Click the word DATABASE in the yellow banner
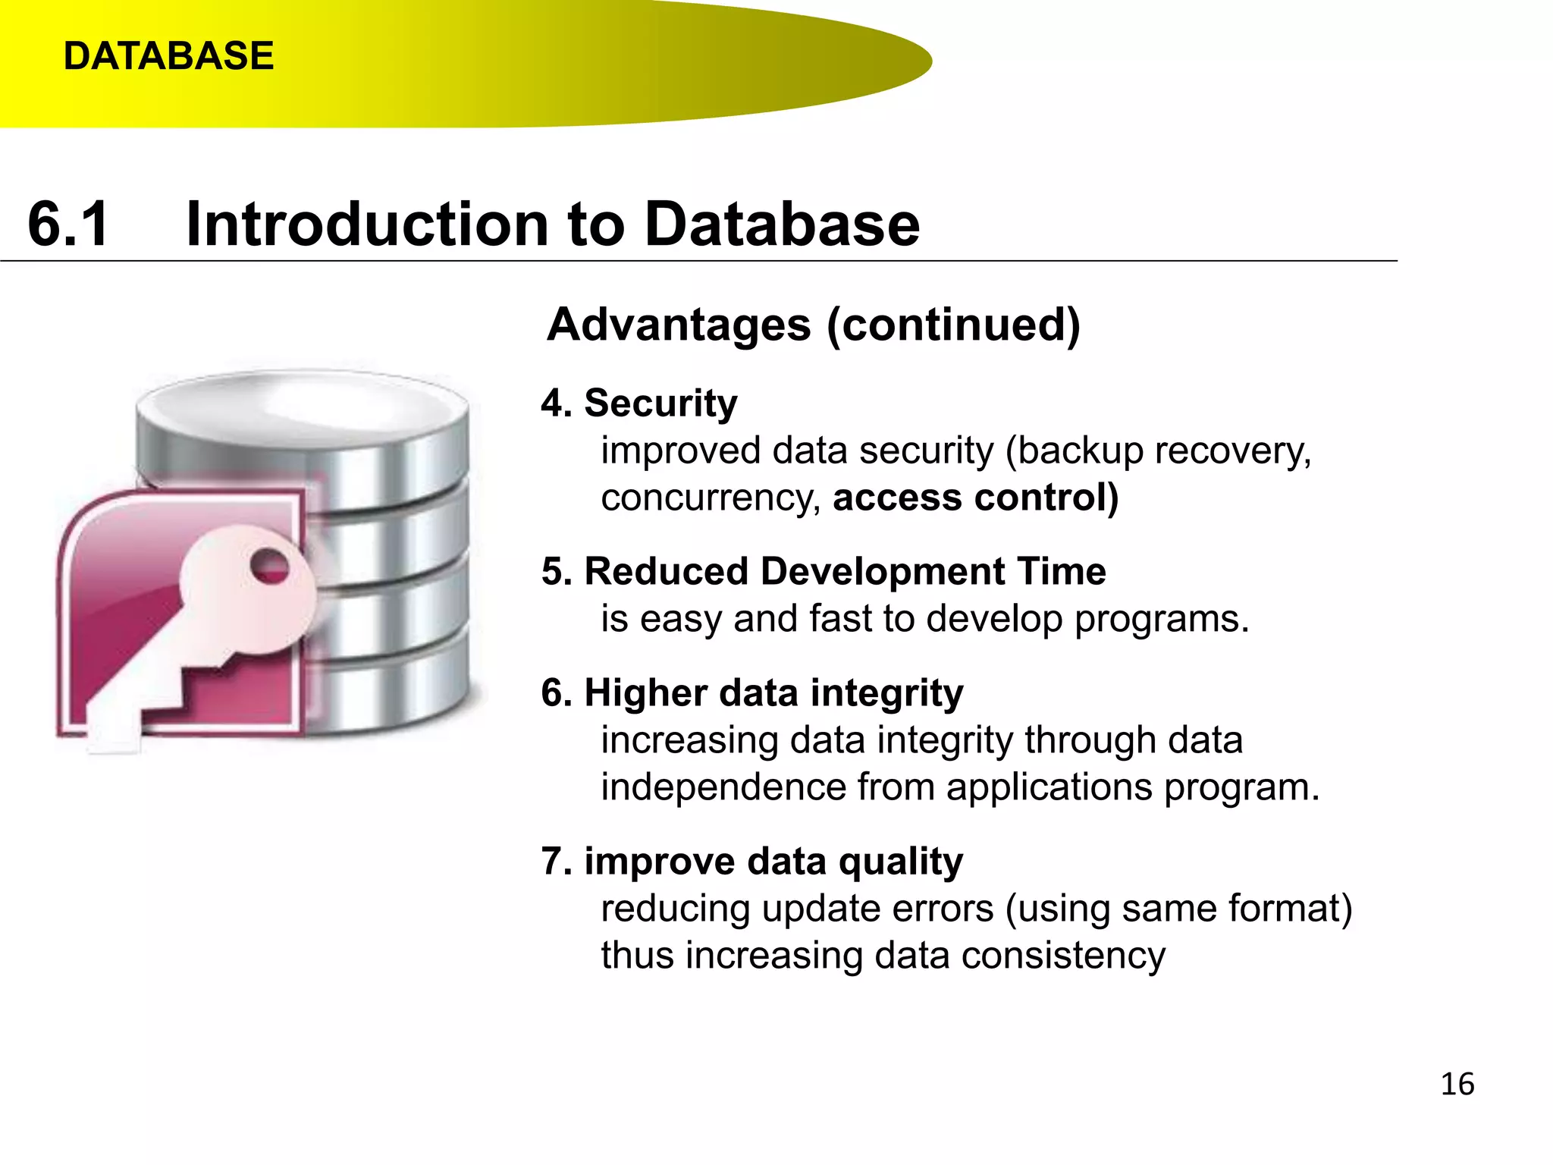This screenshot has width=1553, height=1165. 168,56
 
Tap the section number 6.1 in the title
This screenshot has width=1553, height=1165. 68,225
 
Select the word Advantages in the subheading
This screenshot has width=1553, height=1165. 679,325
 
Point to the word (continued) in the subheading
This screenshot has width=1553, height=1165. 953,325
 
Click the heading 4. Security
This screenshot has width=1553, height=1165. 638,403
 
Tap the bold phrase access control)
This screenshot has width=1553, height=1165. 975,498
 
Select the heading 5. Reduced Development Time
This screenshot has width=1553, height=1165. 823,571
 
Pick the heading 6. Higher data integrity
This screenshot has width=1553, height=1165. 751,692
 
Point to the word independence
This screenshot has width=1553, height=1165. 723,787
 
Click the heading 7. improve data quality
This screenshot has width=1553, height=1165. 751,861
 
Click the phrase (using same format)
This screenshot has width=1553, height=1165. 1178,909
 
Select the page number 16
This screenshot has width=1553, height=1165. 1457,1084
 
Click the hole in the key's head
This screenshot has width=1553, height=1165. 269,567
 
